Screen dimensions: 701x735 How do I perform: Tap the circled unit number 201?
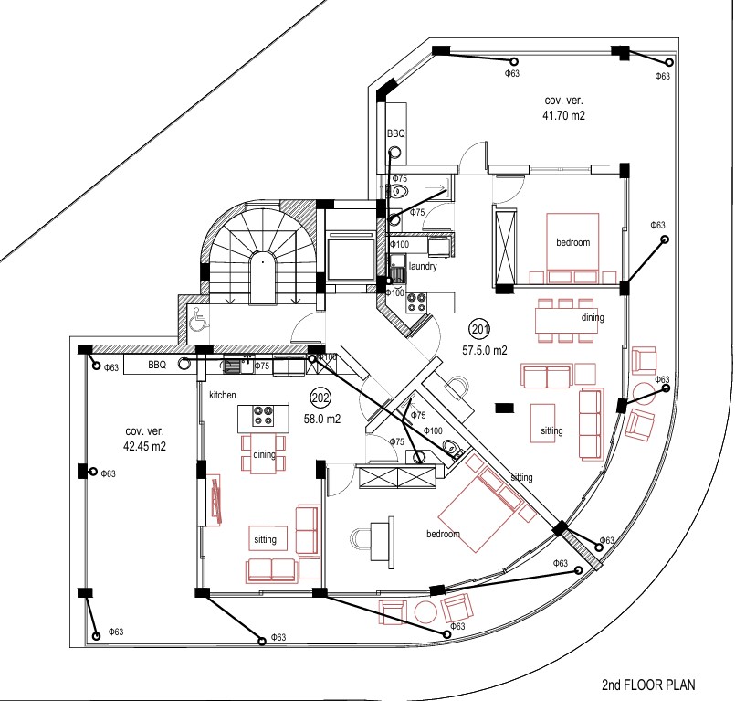tap(479, 328)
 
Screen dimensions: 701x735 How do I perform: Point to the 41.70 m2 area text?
tap(563, 116)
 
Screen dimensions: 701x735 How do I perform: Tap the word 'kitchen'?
tap(223, 395)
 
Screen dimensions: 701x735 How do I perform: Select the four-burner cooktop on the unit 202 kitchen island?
tap(265, 417)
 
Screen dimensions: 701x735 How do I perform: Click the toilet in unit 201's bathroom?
tap(401, 191)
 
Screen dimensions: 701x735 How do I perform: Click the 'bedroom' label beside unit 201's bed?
tap(573, 242)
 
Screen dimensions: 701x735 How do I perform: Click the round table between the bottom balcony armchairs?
tap(425, 611)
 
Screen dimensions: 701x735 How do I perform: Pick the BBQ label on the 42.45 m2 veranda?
tap(157, 365)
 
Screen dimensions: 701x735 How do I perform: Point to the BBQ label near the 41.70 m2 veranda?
tap(395, 134)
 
